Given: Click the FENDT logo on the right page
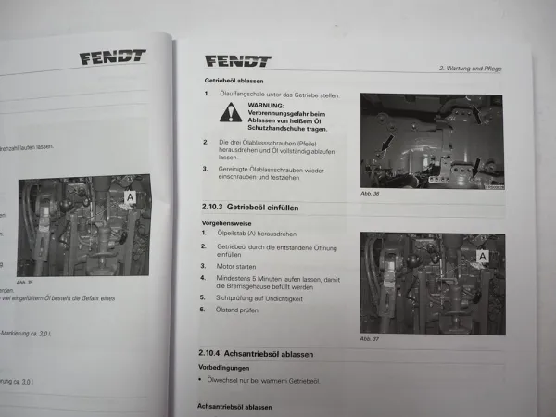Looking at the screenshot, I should pyautogui.click(x=237, y=62).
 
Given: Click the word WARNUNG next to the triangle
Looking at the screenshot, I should pyautogui.click(x=265, y=105).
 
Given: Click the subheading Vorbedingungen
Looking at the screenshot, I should pyautogui.click(x=225, y=368).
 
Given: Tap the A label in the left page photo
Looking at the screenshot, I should pyautogui.click(x=131, y=197).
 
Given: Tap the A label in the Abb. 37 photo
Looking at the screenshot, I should pyautogui.click(x=483, y=255).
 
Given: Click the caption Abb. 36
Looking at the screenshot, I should pyautogui.click(x=370, y=193).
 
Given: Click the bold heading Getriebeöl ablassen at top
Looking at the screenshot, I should pyautogui.click(x=236, y=81).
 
